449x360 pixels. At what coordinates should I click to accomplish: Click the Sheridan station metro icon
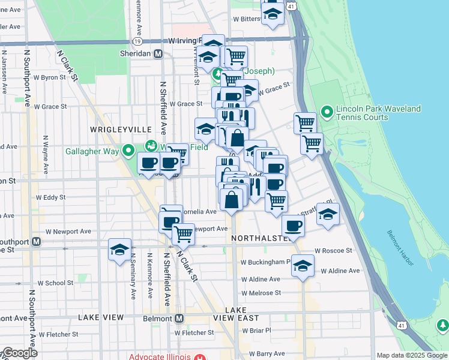(x=158, y=53)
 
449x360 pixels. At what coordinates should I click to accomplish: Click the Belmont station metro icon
(x=179, y=317)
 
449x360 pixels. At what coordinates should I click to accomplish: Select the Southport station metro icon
(x=36, y=241)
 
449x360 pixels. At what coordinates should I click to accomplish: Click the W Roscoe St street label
(x=333, y=250)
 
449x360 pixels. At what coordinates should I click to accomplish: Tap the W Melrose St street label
(x=261, y=293)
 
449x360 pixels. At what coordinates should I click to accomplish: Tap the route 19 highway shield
(x=137, y=41)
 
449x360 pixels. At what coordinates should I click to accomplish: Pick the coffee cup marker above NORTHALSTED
(x=293, y=226)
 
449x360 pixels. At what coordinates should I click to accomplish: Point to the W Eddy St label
(x=51, y=197)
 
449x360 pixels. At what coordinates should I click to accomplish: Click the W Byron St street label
(x=49, y=77)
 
